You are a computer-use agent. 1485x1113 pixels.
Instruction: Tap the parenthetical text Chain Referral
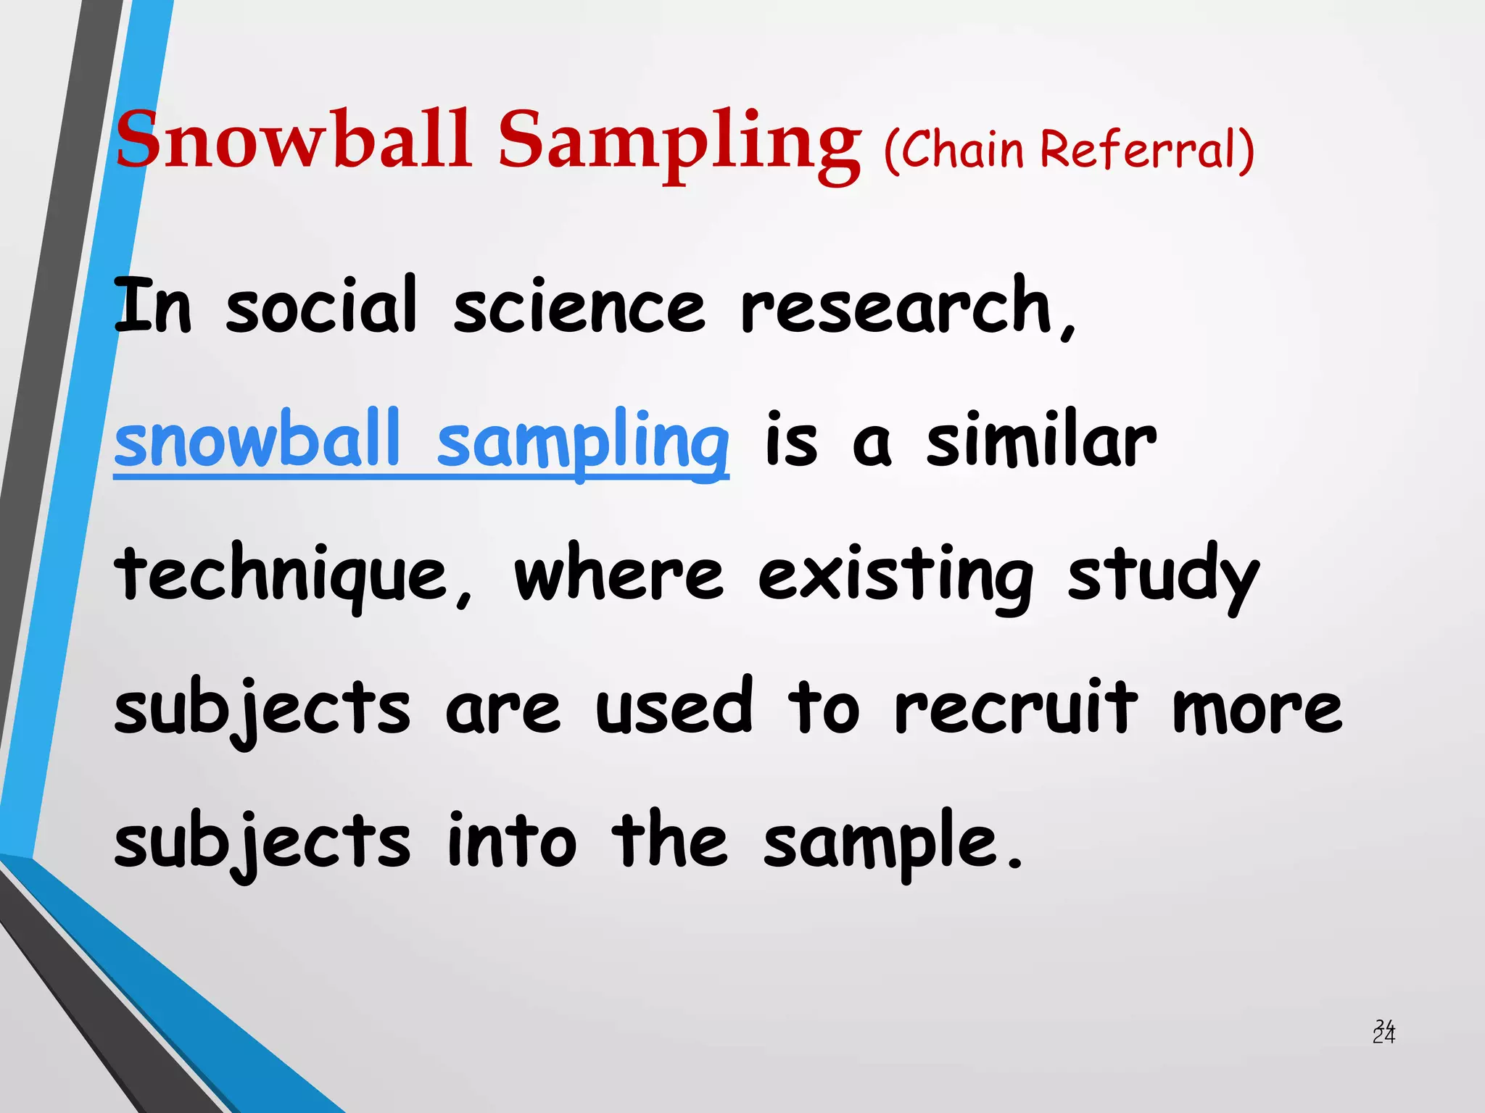point(1070,150)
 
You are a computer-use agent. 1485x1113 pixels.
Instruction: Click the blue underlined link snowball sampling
point(421,441)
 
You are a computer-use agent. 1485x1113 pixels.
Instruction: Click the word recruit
point(1015,709)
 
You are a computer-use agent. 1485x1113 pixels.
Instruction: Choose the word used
point(674,709)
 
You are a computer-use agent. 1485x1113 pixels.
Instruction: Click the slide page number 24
point(1383,1033)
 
